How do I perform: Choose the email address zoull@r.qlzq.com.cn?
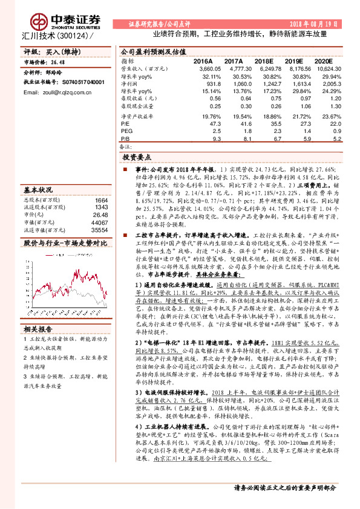point(48,91)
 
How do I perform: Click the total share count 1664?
point(101,199)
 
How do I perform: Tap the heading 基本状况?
point(38,189)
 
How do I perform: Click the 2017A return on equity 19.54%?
point(233,115)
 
